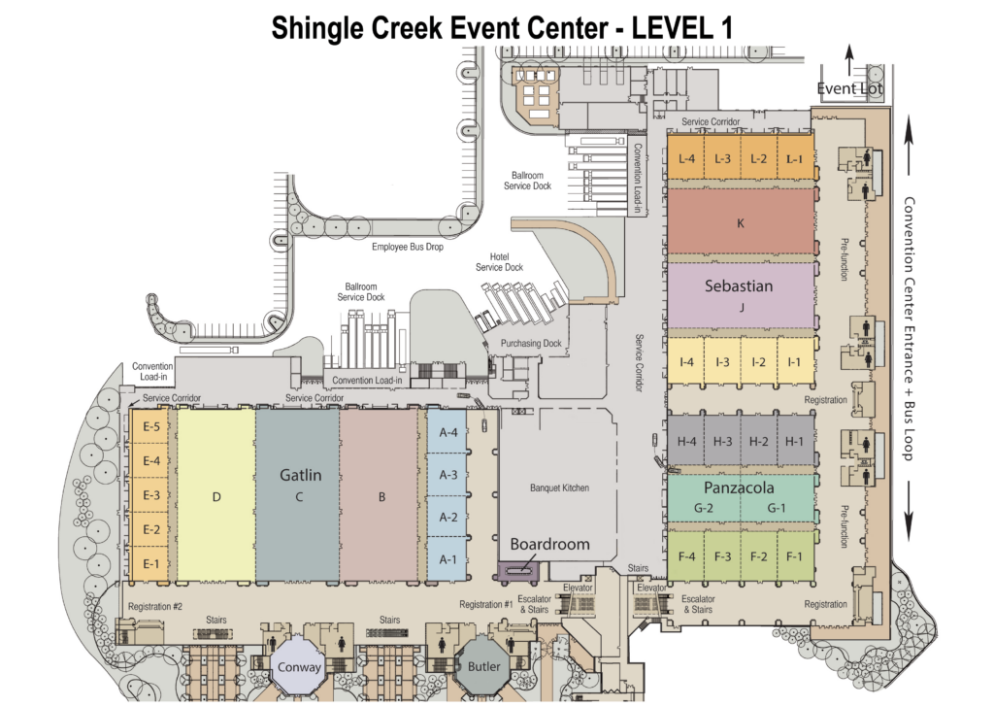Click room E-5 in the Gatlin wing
click(150, 427)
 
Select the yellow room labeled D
click(216, 495)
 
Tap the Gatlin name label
click(301, 475)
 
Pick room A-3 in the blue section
click(447, 474)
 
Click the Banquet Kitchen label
click(559, 487)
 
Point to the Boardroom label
click(549, 544)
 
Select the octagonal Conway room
click(299, 667)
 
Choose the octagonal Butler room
click(483, 667)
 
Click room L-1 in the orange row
click(795, 158)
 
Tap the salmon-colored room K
click(741, 222)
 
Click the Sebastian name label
click(739, 286)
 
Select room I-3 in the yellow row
click(722, 361)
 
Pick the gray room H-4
click(686, 441)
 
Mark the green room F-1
click(794, 556)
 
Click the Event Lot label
click(849, 88)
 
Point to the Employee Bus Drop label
click(408, 247)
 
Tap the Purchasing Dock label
click(531, 343)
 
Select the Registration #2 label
click(155, 606)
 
